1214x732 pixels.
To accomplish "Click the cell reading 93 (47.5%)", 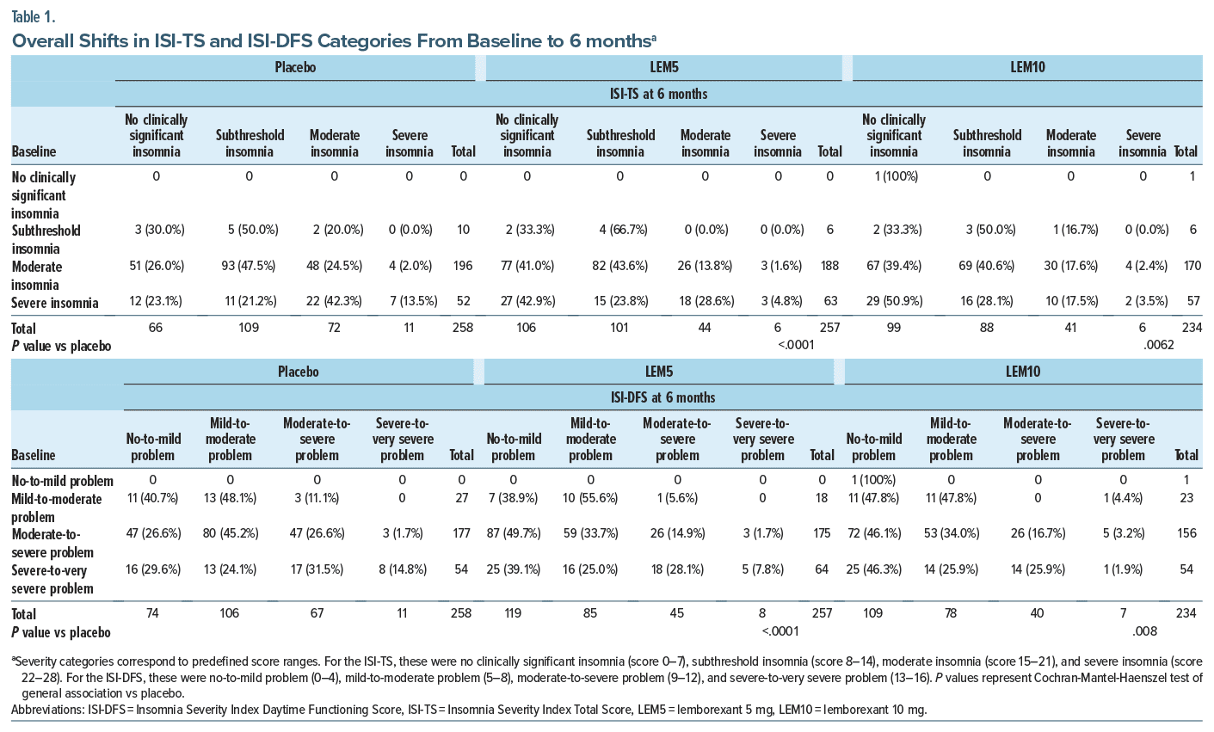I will (x=249, y=266).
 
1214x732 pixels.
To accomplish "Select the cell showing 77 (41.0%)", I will (x=527, y=266).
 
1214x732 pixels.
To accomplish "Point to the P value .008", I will (x=1144, y=631).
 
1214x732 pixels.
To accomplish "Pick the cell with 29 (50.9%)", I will (x=893, y=302).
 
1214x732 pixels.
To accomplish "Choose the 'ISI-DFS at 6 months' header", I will (x=662, y=397).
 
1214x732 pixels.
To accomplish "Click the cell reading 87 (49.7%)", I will (x=513, y=533).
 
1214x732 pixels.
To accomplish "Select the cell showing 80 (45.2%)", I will (x=230, y=533).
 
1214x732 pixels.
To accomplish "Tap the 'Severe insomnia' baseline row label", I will (x=55, y=303).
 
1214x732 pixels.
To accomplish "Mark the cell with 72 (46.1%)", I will (x=873, y=533).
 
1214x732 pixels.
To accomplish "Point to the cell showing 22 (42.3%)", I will (x=335, y=302).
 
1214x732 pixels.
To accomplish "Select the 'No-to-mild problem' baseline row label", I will (x=62, y=481).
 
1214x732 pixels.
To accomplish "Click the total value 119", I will (x=514, y=613).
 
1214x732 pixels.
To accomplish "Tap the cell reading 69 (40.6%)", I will (x=987, y=266).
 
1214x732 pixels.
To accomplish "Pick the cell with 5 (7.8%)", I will (x=762, y=569).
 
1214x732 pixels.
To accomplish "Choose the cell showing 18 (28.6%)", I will (x=705, y=302).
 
